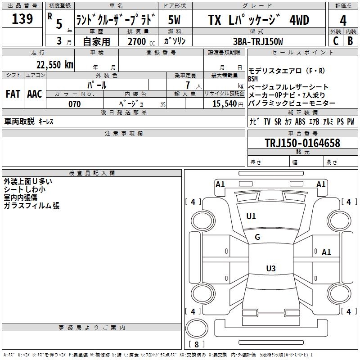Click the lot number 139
tap(22, 19)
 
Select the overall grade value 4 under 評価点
tap(343, 21)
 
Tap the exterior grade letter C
tap(336, 41)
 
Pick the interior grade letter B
tap(350, 41)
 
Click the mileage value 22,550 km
tap(55, 65)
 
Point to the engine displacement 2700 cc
tap(141, 41)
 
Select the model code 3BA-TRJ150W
tap(258, 41)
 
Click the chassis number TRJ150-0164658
tap(302, 143)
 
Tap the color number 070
tap(75, 104)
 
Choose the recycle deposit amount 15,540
tap(225, 104)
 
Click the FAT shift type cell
tap(13, 94)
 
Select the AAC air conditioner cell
tap(35, 94)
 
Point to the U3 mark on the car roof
tap(271, 268)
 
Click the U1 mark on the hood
tap(251, 216)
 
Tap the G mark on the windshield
tap(257, 237)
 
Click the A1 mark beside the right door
tap(326, 252)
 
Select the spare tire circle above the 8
tap(197, 328)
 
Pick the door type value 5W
tap(174, 20)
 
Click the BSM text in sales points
tap(253, 79)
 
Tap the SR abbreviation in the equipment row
tap(278, 121)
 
